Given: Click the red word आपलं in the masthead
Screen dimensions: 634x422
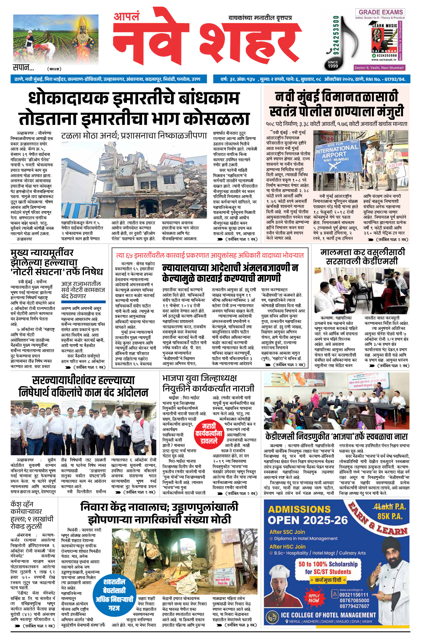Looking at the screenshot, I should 126,16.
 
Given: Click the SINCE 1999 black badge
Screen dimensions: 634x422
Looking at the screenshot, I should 333,64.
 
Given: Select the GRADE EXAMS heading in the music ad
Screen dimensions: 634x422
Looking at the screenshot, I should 381,12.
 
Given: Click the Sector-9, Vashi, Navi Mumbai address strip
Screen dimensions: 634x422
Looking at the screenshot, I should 379,68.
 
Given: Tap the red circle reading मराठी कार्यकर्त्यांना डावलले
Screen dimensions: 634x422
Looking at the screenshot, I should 208,433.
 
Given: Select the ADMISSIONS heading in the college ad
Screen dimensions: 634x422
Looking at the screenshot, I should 299,509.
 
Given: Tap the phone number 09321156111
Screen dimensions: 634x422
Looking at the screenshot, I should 354,595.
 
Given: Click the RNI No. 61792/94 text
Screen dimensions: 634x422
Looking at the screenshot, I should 386,79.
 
